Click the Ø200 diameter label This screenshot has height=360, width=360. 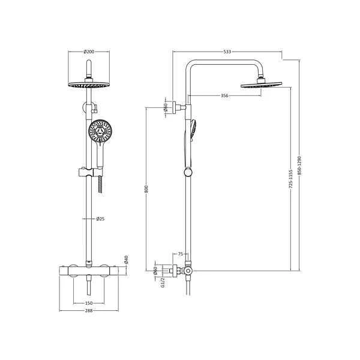point(88,52)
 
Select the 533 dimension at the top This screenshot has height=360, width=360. point(227,52)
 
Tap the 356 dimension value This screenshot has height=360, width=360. point(224,95)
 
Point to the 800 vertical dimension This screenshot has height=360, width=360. point(146,189)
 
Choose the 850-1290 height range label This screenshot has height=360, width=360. point(299,166)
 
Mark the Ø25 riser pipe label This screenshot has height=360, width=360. point(100,219)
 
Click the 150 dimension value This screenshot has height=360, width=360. point(89,303)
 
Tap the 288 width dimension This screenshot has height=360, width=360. point(89,311)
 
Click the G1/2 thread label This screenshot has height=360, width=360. point(163,282)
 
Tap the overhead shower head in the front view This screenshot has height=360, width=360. point(88,85)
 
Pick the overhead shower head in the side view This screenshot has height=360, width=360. point(260,86)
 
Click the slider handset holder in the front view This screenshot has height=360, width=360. point(87,175)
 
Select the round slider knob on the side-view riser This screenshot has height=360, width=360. point(188,173)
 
